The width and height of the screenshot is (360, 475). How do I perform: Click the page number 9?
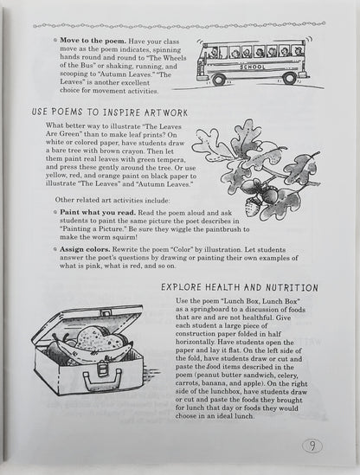[x=312, y=446]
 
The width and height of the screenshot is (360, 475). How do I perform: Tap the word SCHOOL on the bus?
[x=253, y=67]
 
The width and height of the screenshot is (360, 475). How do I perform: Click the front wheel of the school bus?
[x=218, y=80]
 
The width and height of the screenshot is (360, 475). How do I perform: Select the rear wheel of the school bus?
[x=289, y=79]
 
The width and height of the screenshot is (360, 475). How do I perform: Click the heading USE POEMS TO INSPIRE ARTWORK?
[x=110, y=112]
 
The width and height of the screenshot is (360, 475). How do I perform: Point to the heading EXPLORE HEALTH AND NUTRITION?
[x=240, y=287]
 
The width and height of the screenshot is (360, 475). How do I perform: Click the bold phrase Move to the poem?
[x=93, y=41]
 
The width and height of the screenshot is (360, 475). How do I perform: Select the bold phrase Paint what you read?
[x=98, y=213]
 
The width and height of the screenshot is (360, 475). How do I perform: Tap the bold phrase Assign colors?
[x=85, y=250]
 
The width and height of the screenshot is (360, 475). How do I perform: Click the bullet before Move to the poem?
[x=55, y=41]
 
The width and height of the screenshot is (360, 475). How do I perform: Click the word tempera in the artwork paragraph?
[x=172, y=159]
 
